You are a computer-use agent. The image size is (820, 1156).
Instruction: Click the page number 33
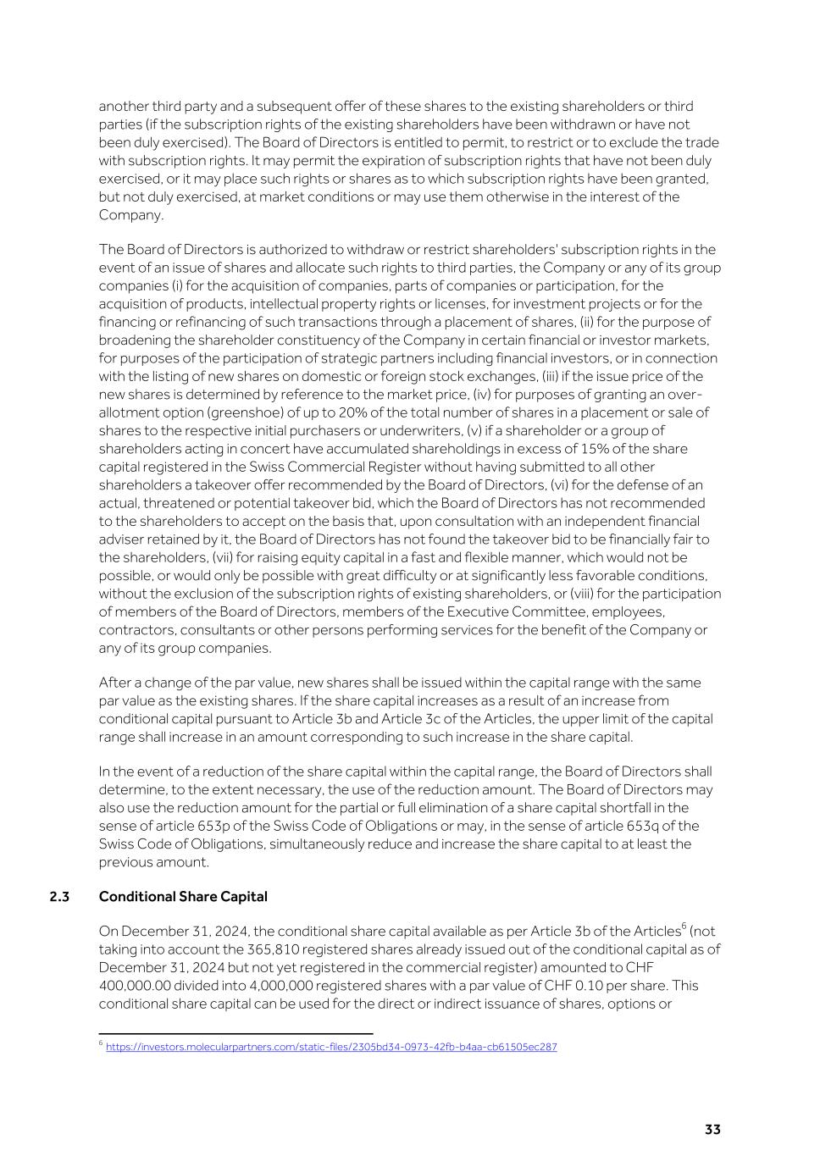[712, 1130]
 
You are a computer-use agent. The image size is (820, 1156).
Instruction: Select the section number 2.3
[59, 896]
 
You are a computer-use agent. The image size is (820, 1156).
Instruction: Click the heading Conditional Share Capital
[183, 896]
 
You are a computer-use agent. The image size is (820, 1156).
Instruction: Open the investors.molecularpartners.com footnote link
[331, 1047]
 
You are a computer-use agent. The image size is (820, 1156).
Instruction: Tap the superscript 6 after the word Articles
[684, 926]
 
